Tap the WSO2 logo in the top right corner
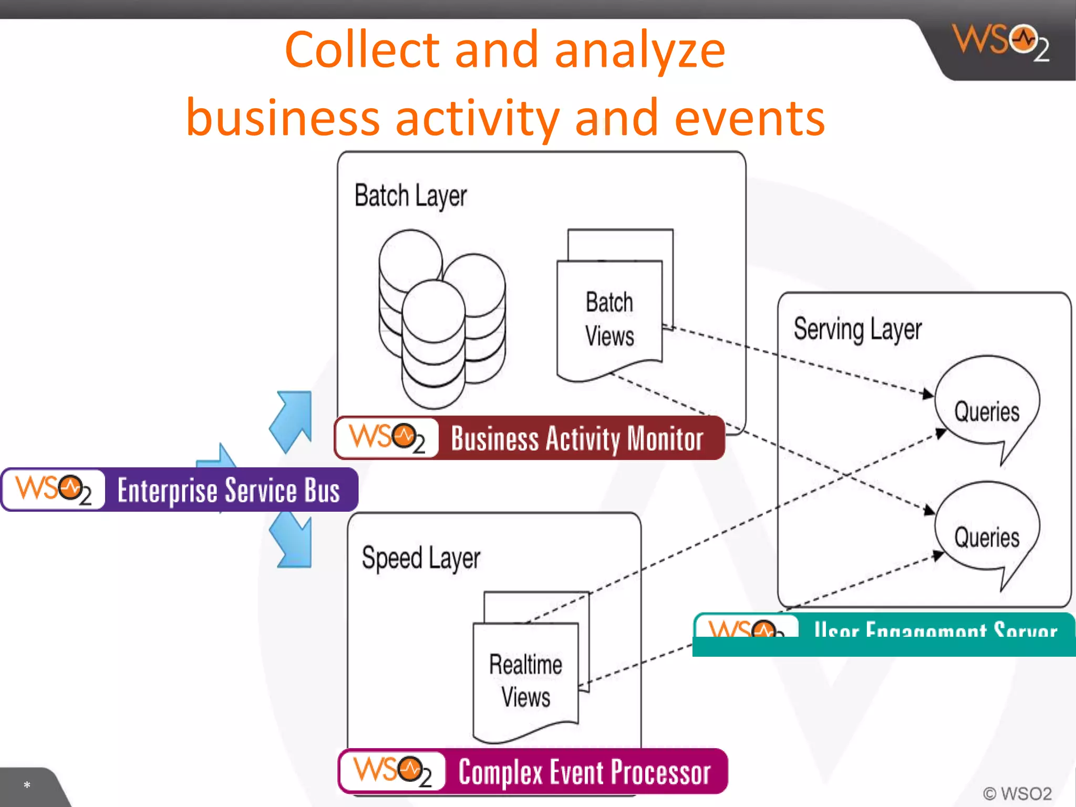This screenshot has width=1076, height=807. [x=1000, y=42]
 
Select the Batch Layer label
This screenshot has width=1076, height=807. [x=410, y=196]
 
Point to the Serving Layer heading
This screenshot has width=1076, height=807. [x=857, y=329]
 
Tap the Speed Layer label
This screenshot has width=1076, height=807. [x=421, y=558]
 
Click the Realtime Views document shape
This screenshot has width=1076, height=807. [x=525, y=680]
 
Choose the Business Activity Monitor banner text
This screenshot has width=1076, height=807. [x=577, y=439]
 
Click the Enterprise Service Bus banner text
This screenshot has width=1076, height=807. [x=229, y=490]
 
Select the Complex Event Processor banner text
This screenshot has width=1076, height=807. [x=584, y=772]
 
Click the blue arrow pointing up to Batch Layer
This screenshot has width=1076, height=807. [x=293, y=420]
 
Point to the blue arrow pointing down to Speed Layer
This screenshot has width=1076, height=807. [x=293, y=541]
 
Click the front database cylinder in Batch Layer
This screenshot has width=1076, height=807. [x=433, y=344]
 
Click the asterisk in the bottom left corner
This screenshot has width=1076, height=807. [x=27, y=785]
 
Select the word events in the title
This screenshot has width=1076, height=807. [x=749, y=118]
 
